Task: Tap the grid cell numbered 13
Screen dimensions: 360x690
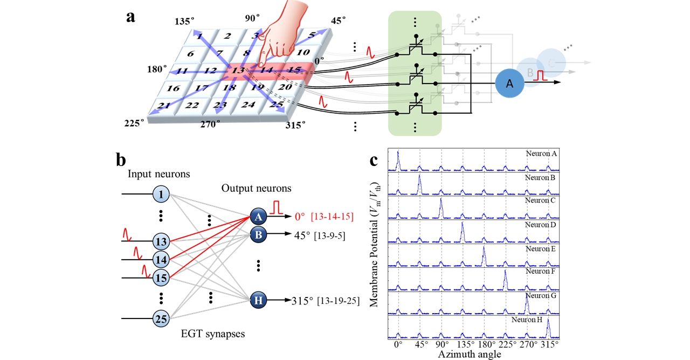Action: (x=237, y=70)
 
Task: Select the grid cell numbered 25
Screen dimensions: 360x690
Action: (x=276, y=104)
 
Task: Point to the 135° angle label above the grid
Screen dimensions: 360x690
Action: (x=184, y=21)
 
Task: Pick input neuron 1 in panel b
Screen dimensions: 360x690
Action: (x=161, y=193)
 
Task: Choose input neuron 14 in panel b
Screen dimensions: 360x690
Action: (x=161, y=259)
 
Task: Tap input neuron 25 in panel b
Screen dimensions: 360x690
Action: (x=161, y=319)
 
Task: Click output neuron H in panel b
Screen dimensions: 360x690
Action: (x=258, y=301)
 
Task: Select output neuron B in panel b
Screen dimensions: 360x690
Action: (x=258, y=234)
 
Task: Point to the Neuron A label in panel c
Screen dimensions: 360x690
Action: (x=541, y=154)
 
